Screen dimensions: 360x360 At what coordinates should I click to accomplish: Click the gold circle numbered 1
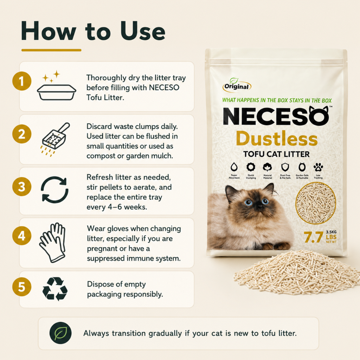22,81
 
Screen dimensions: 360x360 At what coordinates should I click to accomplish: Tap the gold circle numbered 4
22,236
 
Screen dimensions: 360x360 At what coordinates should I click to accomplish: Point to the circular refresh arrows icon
54,189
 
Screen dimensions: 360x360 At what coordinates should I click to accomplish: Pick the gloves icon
53,243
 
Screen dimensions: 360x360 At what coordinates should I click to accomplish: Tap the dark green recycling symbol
55,289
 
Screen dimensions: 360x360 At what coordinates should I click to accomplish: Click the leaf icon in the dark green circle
60,333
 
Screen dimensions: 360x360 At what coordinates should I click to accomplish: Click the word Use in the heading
143,31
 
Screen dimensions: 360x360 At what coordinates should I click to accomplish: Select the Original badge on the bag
237,85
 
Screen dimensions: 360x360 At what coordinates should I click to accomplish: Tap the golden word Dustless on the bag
277,139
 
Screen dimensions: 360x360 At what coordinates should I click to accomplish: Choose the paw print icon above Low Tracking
318,167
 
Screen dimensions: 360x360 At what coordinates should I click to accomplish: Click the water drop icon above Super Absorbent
234,167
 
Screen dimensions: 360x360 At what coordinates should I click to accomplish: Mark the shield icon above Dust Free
285,167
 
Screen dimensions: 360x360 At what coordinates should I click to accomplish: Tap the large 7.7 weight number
313,237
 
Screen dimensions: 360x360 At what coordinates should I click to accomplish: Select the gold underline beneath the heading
51,50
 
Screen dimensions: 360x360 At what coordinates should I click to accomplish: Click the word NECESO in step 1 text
164,88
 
